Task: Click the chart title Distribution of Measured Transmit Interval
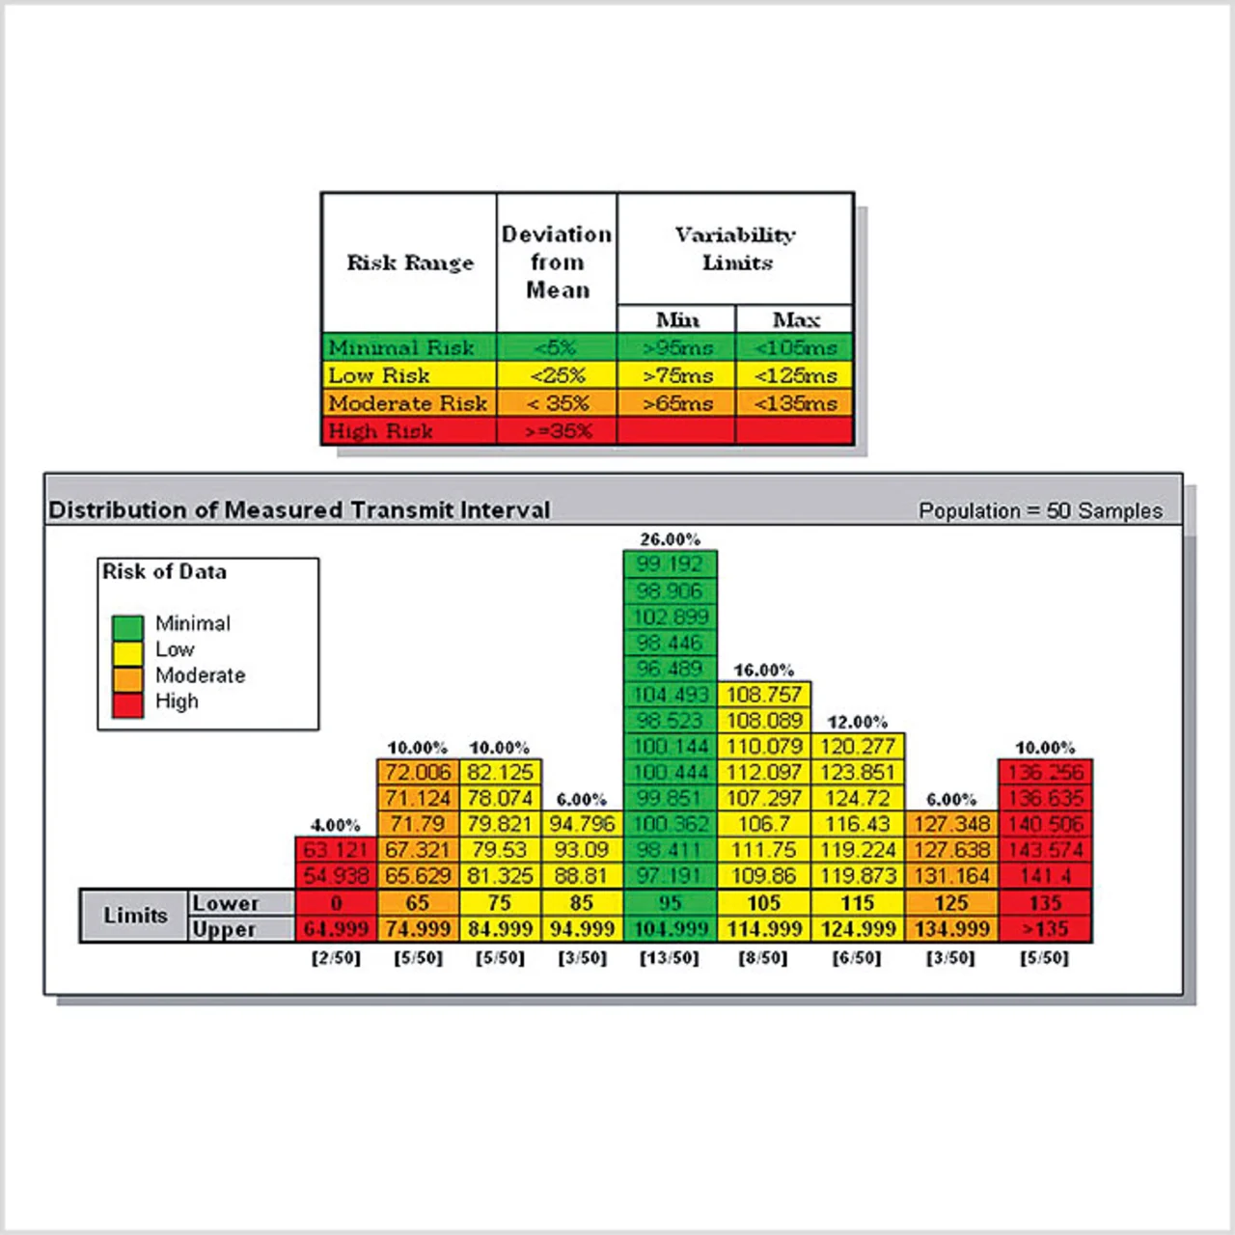point(299,509)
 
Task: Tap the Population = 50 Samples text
point(1040,510)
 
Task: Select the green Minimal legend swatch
point(127,627)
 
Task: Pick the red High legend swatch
point(127,705)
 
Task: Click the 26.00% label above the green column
point(670,539)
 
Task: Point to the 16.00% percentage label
point(763,670)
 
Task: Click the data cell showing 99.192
point(670,564)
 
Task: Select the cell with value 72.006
point(418,772)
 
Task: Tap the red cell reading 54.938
point(336,876)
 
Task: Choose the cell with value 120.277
point(857,746)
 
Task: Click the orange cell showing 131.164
point(950,876)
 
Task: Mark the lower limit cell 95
point(670,903)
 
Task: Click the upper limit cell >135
point(1045,929)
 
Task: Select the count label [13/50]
point(670,958)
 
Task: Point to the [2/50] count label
point(336,958)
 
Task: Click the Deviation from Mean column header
point(557,261)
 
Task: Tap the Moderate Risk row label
point(408,403)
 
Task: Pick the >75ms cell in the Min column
point(677,375)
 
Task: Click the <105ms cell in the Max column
point(795,347)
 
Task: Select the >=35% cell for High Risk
point(558,431)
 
